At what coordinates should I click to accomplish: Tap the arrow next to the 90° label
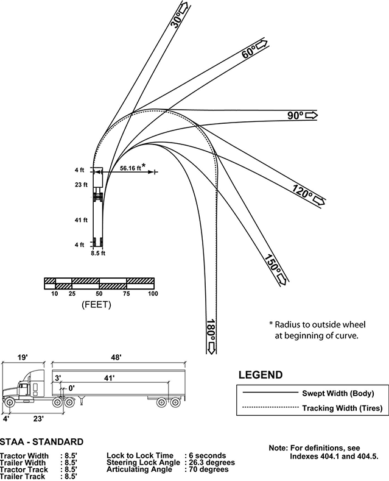312,115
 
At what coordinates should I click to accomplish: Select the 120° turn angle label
303,191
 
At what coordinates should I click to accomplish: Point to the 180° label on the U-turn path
211,330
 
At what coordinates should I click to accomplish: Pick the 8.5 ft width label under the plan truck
98,253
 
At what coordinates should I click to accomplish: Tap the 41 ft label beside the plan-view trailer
81,220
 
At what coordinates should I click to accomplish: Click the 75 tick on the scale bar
126,294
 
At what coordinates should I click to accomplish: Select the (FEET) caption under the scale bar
96,305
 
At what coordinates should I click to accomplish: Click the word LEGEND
261,375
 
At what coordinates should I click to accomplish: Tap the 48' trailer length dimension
116,357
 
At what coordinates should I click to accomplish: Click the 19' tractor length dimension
23,357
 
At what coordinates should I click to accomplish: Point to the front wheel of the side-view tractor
9,402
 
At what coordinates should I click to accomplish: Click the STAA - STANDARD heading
41,442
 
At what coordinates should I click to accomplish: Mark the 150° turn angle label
273,263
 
